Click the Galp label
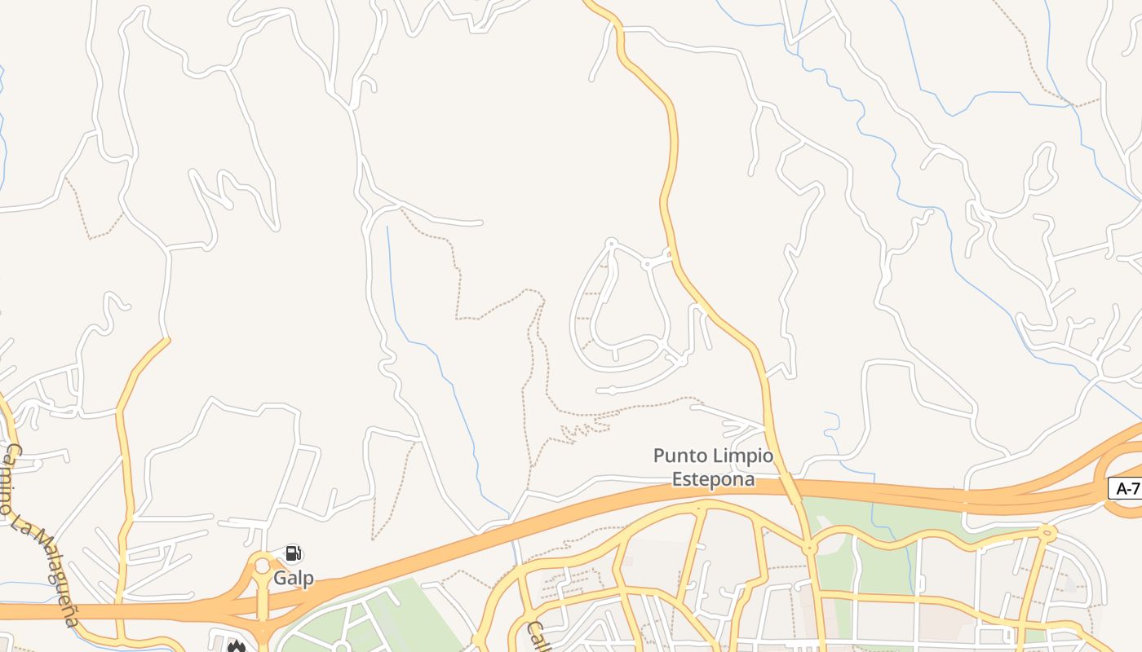(294, 579)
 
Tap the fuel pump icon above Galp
(294, 554)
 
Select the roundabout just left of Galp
(262, 565)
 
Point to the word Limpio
(743, 456)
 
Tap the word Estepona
(713, 479)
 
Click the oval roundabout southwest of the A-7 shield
(1047, 534)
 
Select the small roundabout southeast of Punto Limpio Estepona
(809, 548)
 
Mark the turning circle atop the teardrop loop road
(611, 243)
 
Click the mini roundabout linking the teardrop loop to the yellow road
(647, 263)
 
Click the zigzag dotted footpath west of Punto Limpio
(586, 429)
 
